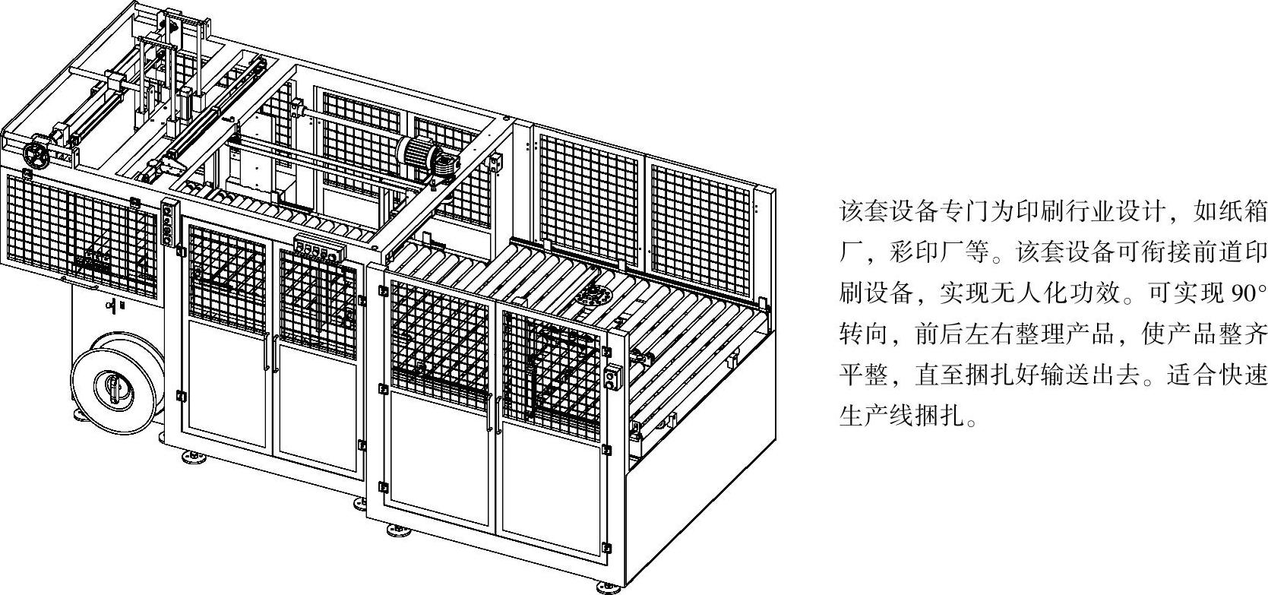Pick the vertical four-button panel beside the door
(168, 221)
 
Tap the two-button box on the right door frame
(613, 378)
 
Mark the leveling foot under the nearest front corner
(606, 587)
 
